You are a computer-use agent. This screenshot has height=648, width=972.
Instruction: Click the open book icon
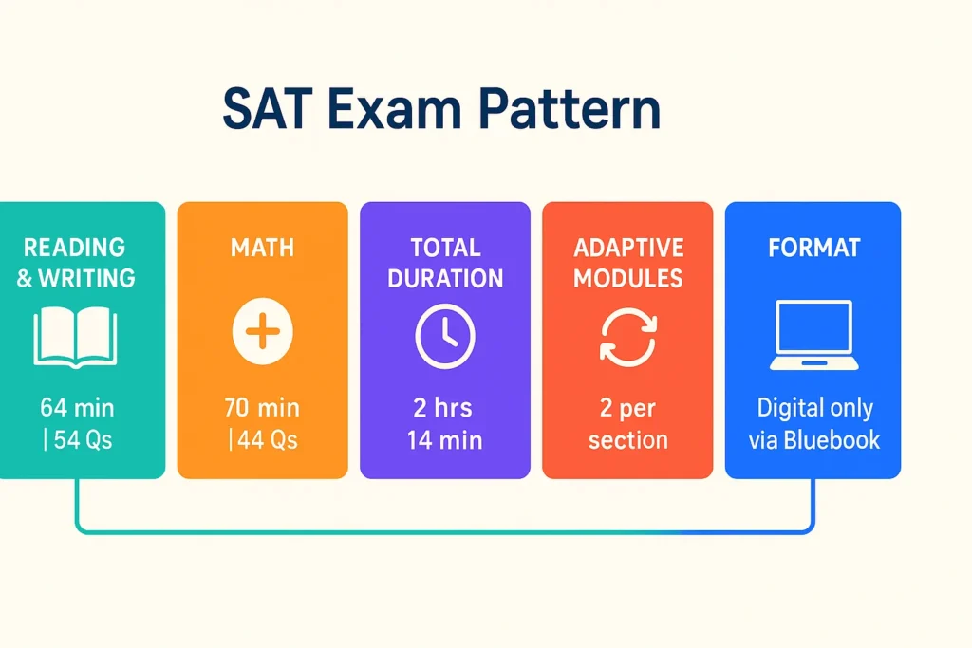coord(76,338)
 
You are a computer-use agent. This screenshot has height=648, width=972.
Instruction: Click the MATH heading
coord(262,249)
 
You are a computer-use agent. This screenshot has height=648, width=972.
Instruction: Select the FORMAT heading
coord(814,249)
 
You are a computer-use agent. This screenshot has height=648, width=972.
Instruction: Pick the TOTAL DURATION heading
coord(444,264)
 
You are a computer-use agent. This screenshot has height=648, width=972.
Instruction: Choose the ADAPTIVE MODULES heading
coord(627,264)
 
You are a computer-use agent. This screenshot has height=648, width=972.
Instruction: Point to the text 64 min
coord(78,409)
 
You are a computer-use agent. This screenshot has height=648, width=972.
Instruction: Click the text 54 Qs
coord(81,440)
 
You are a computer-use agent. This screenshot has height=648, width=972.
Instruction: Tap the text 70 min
coord(262,409)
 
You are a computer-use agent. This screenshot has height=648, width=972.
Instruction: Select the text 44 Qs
coord(265,440)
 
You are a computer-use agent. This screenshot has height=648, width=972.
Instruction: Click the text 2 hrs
coord(443,409)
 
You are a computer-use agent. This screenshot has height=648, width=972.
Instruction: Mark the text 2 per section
coord(627,424)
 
